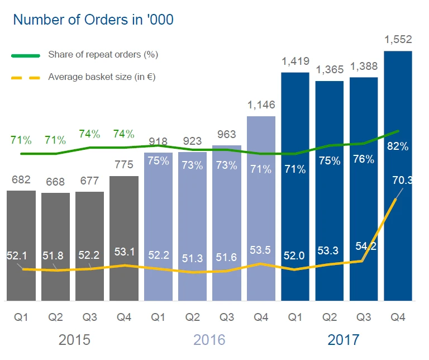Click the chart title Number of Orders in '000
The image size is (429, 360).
[x=93, y=20]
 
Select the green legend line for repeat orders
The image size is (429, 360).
[x=25, y=55]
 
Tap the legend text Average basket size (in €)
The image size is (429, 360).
[x=102, y=77]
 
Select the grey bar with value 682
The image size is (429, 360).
[x=21, y=245]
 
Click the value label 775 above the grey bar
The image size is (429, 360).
[x=123, y=166]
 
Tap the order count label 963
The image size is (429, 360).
[x=226, y=135]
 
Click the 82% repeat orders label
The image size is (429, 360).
[x=398, y=147]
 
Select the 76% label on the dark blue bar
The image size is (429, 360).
[x=364, y=159]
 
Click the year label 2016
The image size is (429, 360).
[x=209, y=339]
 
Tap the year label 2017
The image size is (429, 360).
[x=344, y=339]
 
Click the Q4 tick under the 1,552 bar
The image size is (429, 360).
[x=398, y=317]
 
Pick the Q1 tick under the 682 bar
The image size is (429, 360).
[x=21, y=317]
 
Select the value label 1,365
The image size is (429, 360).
[x=330, y=70]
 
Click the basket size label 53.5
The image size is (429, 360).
[x=261, y=250]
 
